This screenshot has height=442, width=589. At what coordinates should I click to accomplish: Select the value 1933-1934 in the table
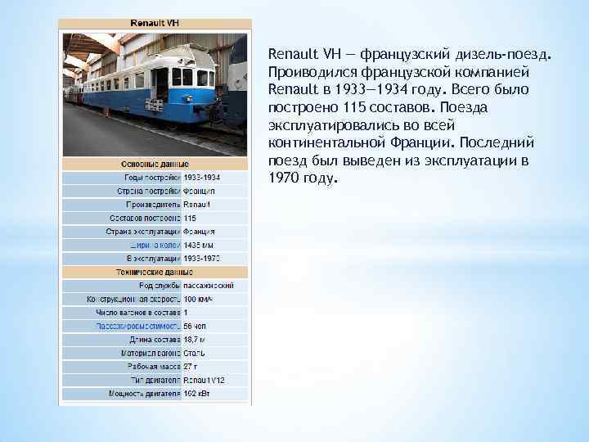(x=202, y=177)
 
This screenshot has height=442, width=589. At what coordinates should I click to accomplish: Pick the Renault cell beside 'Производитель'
(x=196, y=204)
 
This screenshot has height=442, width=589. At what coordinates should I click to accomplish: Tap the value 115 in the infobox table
(x=190, y=218)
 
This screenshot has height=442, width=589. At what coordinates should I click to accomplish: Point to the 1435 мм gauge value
(x=199, y=245)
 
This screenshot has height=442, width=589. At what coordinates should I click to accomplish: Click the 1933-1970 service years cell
(x=202, y=258)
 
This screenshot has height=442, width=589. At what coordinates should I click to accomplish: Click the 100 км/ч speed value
(x=198, y=299)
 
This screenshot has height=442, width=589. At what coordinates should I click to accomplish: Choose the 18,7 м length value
(x=195, y=339)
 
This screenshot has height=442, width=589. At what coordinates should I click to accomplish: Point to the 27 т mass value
(x=191, y=367)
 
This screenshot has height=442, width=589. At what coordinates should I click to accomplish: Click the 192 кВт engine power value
(x=197, y=394)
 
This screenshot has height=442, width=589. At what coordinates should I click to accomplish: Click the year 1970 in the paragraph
(x=283, y=178)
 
